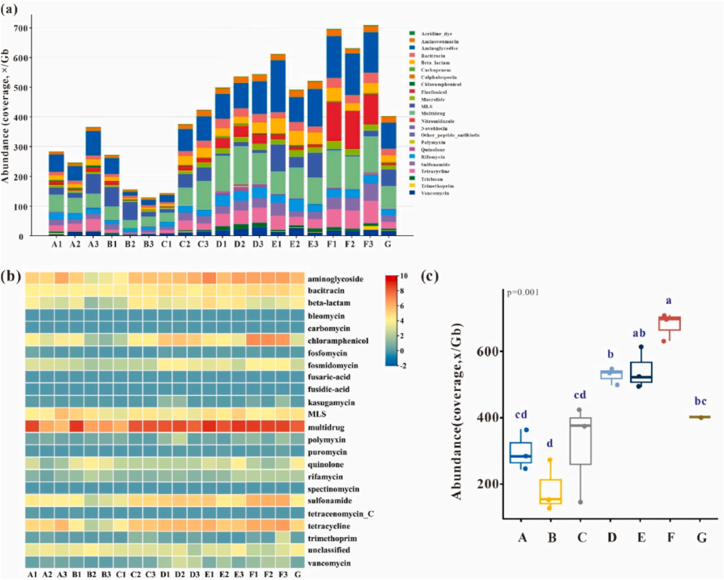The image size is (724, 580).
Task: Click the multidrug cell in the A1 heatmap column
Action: coord(32,426)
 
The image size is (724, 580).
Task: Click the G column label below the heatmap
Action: coord(297,575)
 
